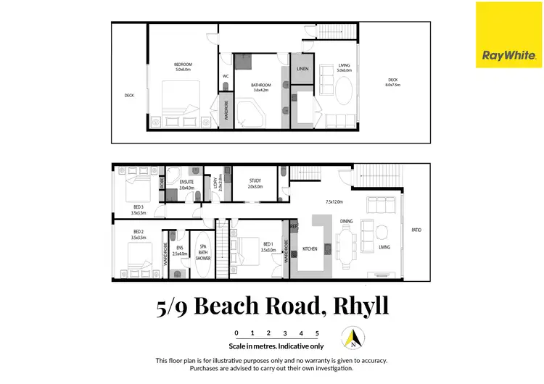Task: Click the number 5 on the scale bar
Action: pos(317,333)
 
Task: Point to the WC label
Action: pos(226,75)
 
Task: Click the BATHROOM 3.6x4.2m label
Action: pos(261,87)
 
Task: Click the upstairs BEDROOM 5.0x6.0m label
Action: pos(182,67)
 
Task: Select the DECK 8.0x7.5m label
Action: pos(393,82)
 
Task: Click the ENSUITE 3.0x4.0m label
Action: pos(187,185)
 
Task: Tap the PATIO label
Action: pos(416,230)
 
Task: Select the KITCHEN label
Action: pos(310,249)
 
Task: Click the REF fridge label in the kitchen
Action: pos(294,227)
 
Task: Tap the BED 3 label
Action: pos(138,210)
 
